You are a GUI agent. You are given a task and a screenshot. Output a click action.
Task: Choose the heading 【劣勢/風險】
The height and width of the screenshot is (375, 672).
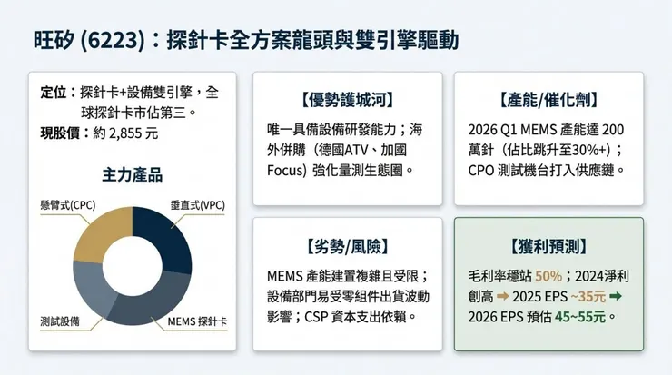(x=348, y=246)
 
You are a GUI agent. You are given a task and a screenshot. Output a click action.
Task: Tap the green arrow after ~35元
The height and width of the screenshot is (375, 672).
(x=615, y=297)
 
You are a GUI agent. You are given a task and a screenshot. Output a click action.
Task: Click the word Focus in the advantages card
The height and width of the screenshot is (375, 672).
(x=283, y=170)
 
